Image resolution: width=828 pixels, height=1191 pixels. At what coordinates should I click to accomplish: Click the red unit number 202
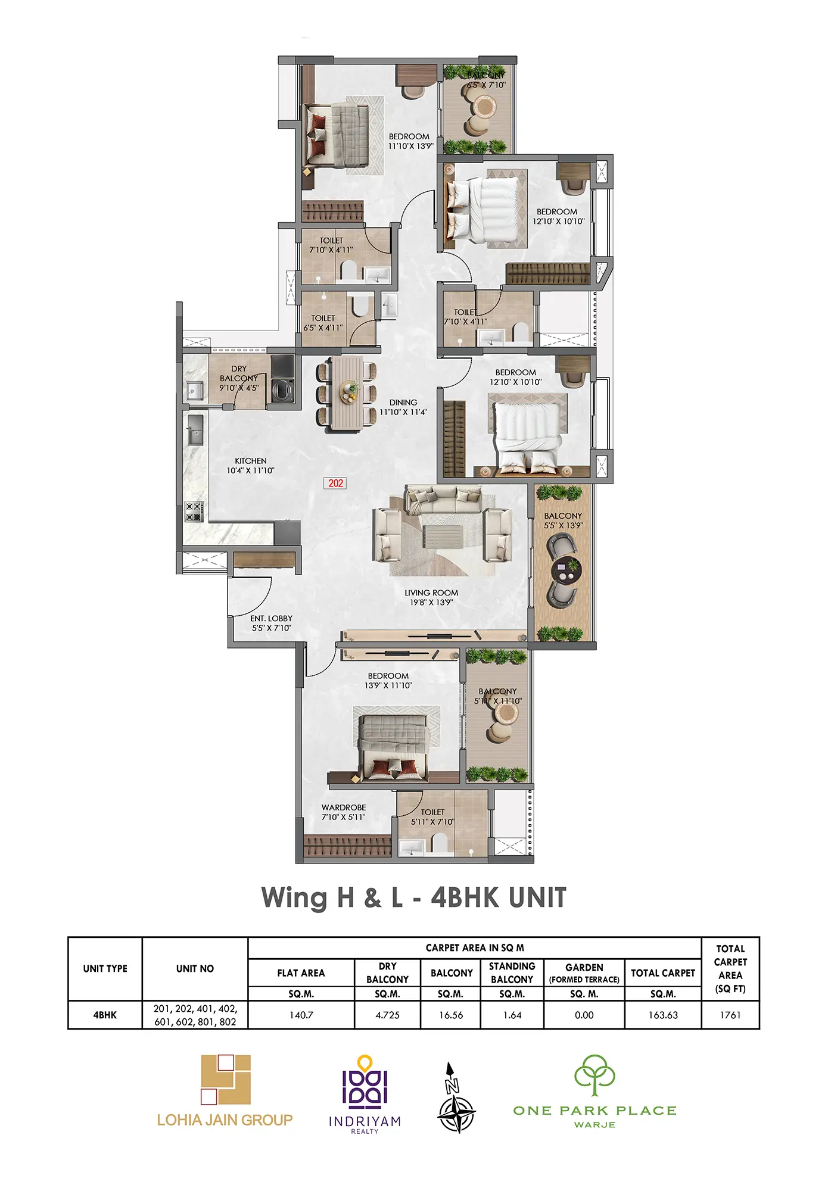tap(335, 483)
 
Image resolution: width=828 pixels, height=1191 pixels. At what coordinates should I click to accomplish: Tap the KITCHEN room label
tap(250, 461)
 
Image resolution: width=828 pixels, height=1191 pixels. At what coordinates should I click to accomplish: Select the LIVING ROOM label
tap(431, 593)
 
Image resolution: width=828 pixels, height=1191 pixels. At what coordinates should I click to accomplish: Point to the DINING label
tap(403, 403)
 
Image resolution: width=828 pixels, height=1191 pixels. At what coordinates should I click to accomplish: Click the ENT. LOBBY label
tap(271, 618)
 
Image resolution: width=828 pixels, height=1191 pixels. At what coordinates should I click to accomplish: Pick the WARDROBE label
tap(344, 807)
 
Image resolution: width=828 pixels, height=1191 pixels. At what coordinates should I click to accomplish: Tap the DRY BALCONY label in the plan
tap(239, 373)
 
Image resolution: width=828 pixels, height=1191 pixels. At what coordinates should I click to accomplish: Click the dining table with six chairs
tap(347, 393)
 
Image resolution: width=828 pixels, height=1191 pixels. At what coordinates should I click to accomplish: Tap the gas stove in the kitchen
tap(194, 512)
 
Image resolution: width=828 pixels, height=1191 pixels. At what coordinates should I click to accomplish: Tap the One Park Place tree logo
tap(594, 1075)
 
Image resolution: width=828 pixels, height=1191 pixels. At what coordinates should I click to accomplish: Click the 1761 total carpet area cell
tap(730, 1015)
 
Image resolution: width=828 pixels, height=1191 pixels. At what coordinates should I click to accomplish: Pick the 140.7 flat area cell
tap(301, 1015)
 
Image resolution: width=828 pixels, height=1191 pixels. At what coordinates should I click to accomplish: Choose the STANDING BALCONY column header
tap(512, 972)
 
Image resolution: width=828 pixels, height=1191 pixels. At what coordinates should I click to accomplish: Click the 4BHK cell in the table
tap(105, 1015)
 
